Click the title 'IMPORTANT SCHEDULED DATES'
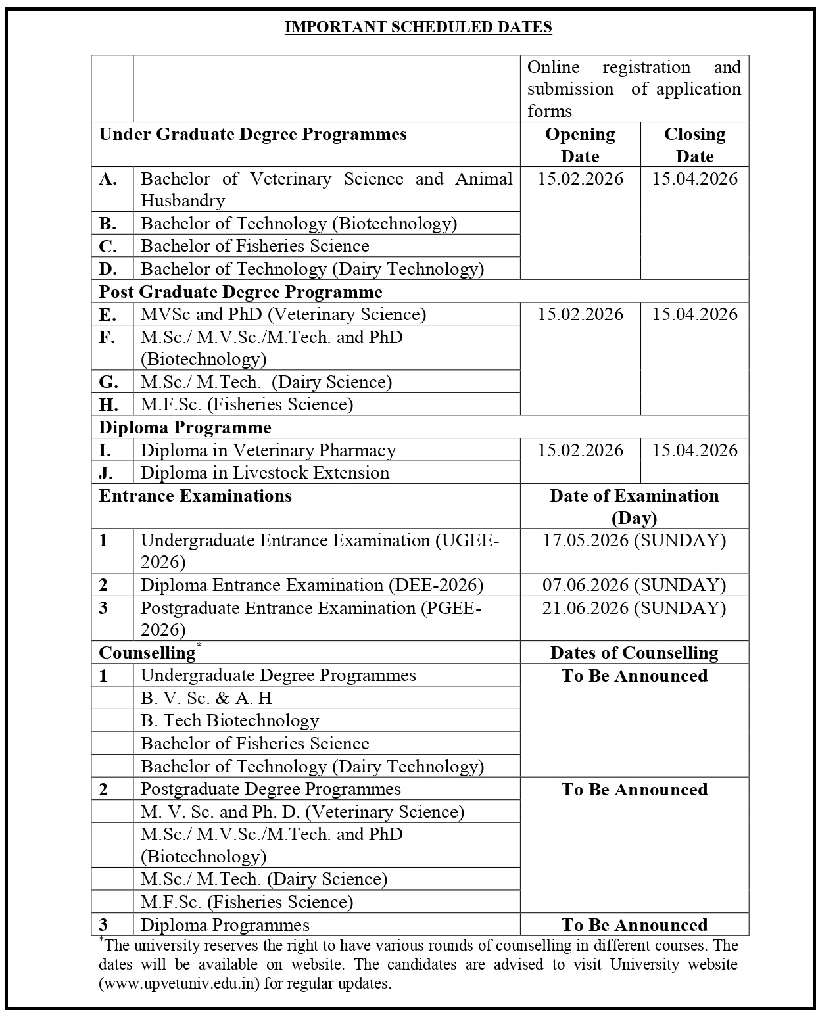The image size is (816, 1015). tap(418, 27)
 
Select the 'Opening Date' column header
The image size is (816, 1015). tap(580, 145)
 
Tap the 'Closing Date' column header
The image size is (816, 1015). tap(694, 145)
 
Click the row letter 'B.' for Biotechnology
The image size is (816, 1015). tap(108, 224)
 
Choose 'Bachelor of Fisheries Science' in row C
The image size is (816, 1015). tap(255, 246)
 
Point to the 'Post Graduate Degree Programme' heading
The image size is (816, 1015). tap(240, 291)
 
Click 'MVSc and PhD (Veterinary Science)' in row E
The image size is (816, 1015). tap(283, 314)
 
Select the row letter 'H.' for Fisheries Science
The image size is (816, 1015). tap(108, 404)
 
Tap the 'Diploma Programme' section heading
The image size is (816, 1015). tap(185, 427)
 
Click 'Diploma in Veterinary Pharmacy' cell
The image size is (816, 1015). tap(268, 450)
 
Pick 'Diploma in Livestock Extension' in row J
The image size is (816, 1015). tap(265, 473)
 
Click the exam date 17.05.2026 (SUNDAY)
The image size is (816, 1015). tap(634, 540)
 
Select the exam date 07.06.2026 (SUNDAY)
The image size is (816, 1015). tap(634, 585)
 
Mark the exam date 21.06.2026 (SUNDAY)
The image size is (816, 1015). tap(634, 608)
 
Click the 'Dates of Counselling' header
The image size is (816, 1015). tap(634, 653)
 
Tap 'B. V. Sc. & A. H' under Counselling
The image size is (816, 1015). tap(206, 698)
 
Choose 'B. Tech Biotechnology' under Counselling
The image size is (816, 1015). tap(229, 720)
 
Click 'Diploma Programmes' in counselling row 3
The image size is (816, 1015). tap(225, 925)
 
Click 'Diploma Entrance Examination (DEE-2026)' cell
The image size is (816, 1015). tap(312, 585)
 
